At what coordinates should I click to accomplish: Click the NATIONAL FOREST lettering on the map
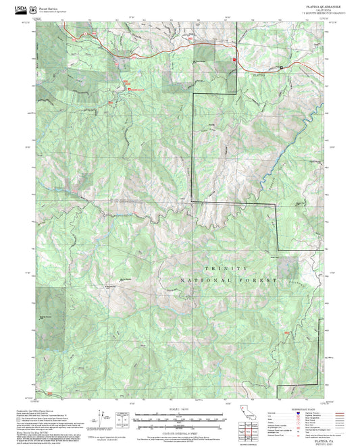pos(228,280)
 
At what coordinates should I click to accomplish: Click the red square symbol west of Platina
pos(234,59)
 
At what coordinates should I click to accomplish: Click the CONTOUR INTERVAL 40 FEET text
pos(178,433)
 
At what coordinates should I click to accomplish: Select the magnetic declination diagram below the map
pos(122,417)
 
